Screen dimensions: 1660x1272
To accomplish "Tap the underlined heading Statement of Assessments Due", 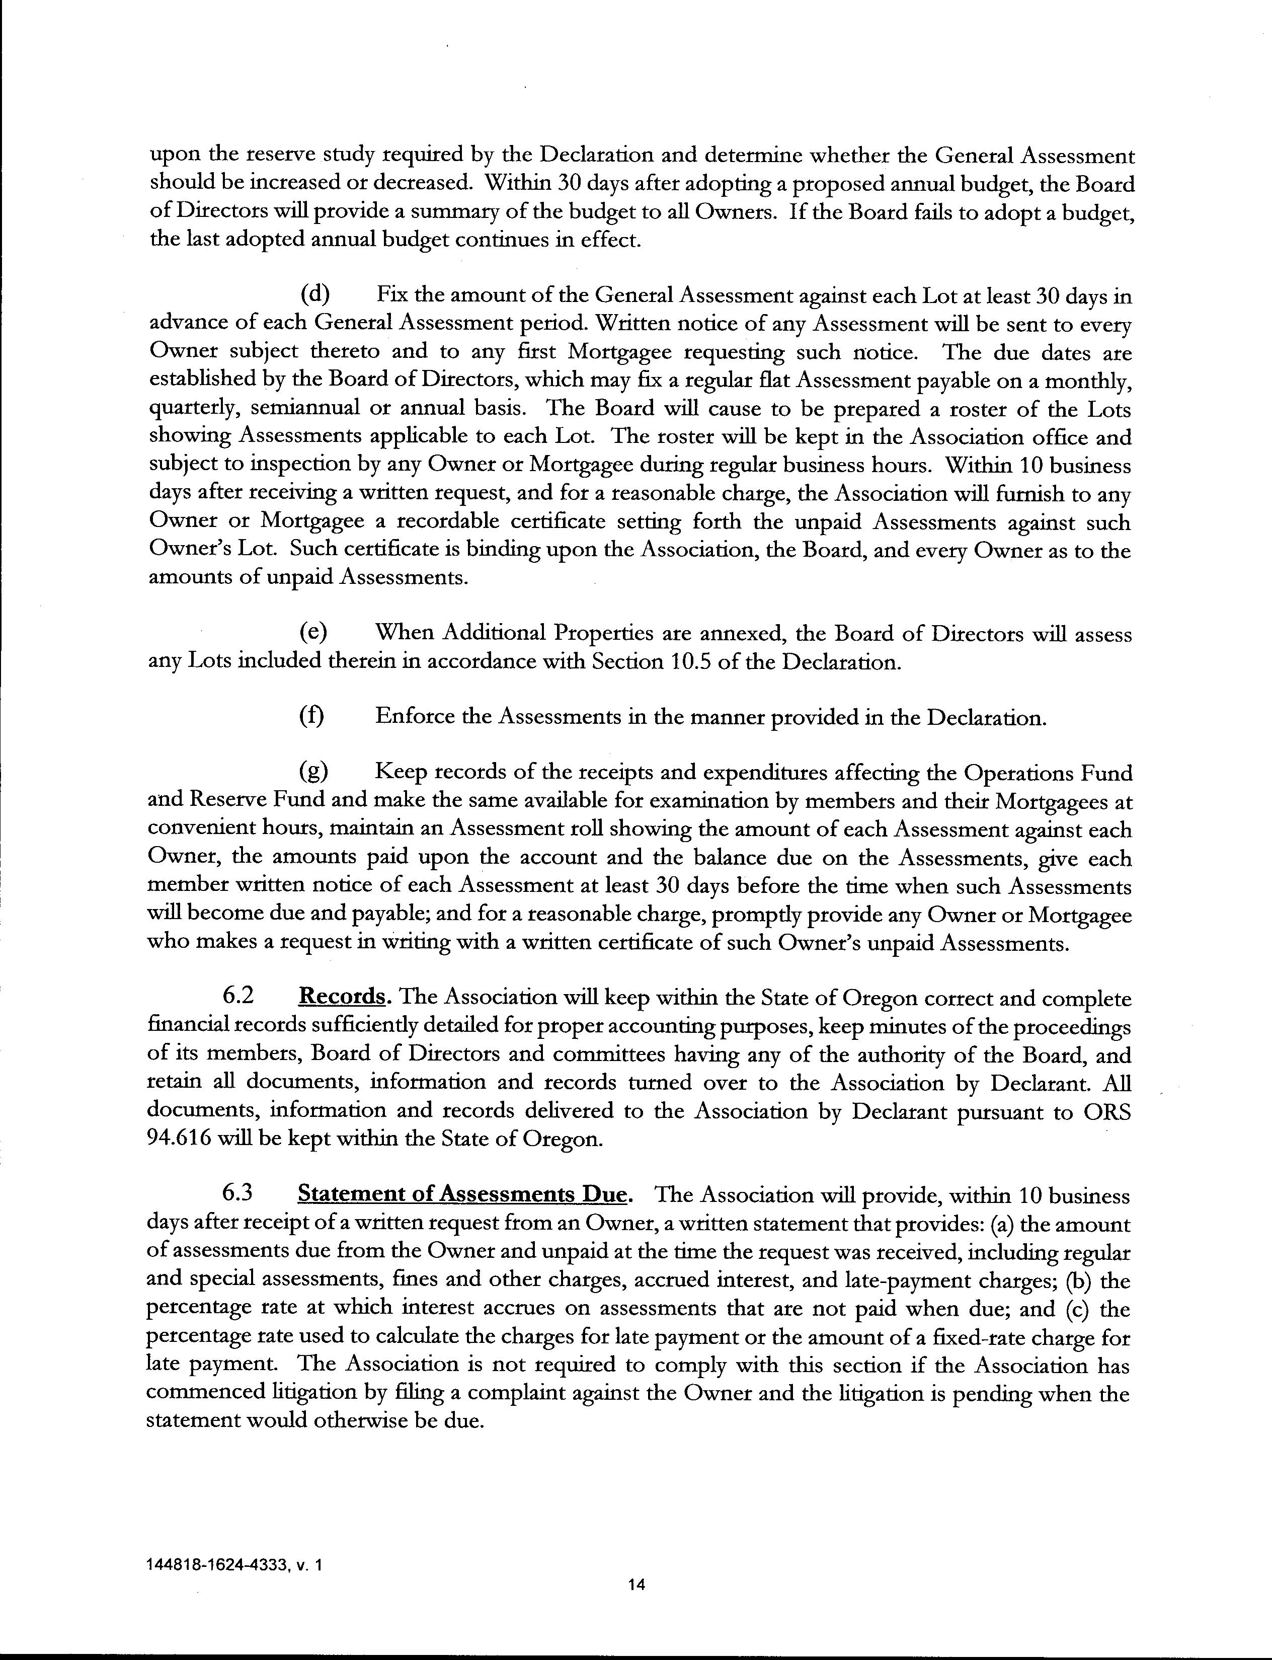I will pos(462,1195).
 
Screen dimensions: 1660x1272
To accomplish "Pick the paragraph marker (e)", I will pos(314,633).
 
